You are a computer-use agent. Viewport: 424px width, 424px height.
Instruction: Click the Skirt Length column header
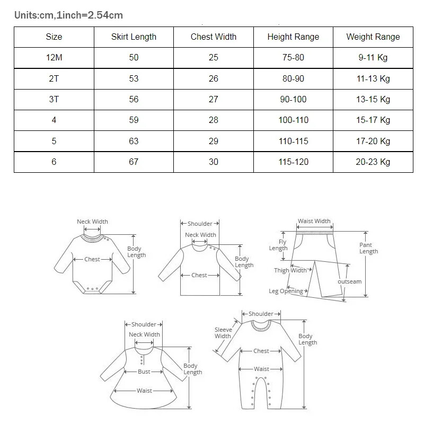pos(134,37)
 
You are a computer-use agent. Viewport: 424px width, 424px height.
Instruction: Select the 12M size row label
pos(54,57)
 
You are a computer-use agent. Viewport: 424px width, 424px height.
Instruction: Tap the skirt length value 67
pos(134,162)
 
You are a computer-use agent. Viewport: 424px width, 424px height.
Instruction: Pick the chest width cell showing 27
pos(214,99)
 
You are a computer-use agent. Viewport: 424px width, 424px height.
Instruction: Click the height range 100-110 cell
pos(293,120)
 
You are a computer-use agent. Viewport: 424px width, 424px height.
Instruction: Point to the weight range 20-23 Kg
pos(373,162)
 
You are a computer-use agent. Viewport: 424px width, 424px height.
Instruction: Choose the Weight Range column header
pos(373,37)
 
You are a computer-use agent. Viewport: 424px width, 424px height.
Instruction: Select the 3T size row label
pos(54,99)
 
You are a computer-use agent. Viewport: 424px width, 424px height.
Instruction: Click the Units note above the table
pos(68,15)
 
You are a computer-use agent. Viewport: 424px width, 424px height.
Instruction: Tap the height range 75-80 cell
pos(293,57)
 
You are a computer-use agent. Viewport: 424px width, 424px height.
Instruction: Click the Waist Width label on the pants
pos(314,221)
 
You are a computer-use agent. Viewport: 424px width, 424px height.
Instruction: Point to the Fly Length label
pos(278,245)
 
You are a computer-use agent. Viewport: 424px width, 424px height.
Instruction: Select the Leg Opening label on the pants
pos(286,291)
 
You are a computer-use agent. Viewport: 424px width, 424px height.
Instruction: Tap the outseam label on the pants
pos(350,281)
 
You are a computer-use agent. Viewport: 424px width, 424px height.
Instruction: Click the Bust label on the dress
pos(144,372)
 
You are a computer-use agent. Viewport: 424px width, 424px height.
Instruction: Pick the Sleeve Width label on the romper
pos(223,333)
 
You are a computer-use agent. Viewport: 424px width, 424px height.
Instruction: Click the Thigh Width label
pos(290,270)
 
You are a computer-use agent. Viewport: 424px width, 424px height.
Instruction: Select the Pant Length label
pos(368,248)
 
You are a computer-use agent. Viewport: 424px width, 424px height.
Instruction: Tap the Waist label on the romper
pos(261,369)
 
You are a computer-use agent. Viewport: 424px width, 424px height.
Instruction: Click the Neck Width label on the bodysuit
pos(92,222)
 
